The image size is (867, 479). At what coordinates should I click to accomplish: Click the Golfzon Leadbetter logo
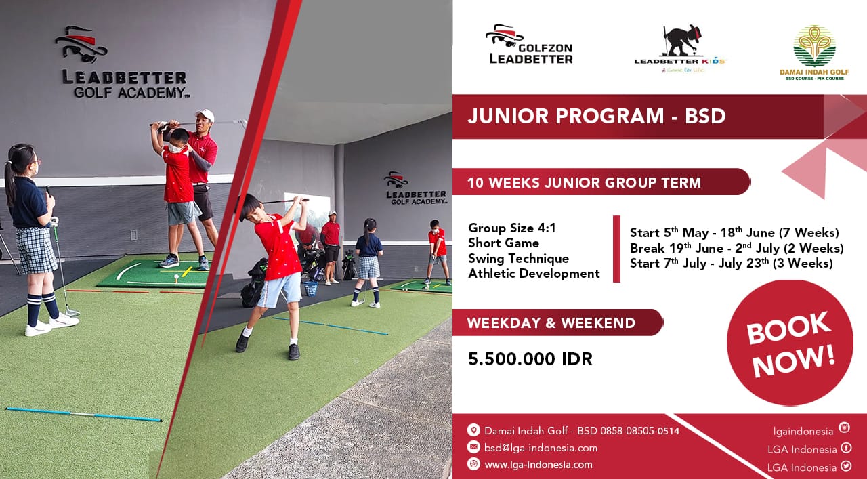pyautogui.click(x=529, y=44)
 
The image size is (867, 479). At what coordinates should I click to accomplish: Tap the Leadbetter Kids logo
pyautogui.click(x=680, y=49)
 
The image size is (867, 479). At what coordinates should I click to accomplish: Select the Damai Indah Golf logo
pyautogui.click(x=814, y=53)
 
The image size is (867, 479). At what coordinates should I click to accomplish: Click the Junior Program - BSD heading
pyautogui.click(x=597, y=116)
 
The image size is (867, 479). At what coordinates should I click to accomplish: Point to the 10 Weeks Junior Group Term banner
pyautogui.click(x=601, y=182)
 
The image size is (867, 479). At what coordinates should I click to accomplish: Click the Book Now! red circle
pyautogui.click(x=790, y=343)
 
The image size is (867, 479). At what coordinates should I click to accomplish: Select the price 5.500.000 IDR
pyautogui.click(x=530, y=359)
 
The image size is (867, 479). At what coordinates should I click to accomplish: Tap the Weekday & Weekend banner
pyautogui.click(x=557, y=322)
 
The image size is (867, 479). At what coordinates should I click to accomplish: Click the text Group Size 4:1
pyautogui.click(x=511, y=228)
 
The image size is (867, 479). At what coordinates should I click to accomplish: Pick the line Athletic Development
pyautogui.click(x=534, y=274)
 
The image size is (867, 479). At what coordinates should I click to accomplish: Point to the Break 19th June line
pyautogui.click(x=736, y=248)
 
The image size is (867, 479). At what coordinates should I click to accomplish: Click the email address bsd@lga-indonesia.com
pyautogui.click(x=541, y=448)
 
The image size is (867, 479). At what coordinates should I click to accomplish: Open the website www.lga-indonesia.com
pyautogui.click(x=538, y=465)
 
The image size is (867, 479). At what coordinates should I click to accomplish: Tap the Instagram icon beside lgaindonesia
pyautogui.click(x=844, y=428)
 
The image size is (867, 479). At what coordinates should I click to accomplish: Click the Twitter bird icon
pyautogui.click(x=846, y=466)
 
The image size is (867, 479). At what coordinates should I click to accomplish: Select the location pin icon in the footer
pyautogui.click(x=473, y=430)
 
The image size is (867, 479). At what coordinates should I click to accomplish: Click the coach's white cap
pyautogui.click(x=205, y=114)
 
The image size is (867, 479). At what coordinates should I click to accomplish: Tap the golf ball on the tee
pyautogui.click(x=177, y=276)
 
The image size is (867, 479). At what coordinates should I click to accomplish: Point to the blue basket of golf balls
pyautogui.click(x=310, y=289)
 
